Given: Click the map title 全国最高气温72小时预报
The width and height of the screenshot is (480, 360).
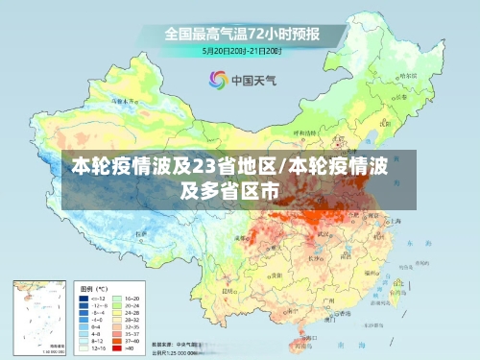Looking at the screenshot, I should [x=241, y=35].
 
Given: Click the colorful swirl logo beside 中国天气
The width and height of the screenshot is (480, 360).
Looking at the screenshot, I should [x=217, y=80].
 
